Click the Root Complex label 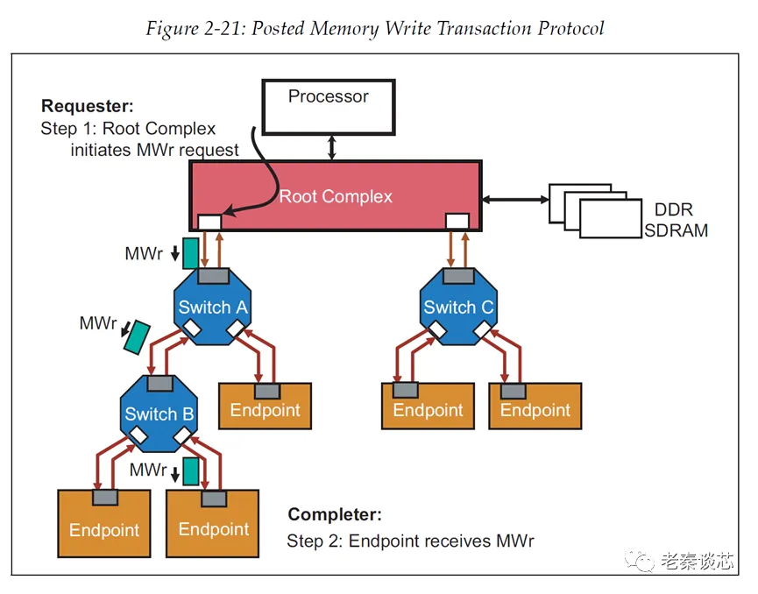[x=336, y=196]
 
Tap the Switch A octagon [x=212, y=307]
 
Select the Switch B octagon [x=159, y=414]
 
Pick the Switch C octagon [x=458, y=307]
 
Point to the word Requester [x=87, y=107]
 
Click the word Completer [x=335, y=515]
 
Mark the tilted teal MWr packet [x=136, y=336]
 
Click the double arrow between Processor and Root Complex [x=330, y=147]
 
